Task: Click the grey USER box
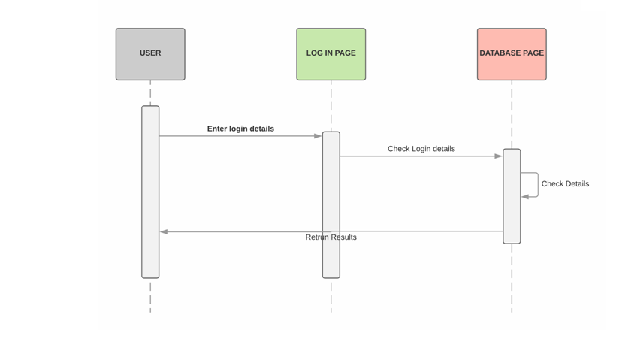[150, 54]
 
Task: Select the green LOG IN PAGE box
[331, 54]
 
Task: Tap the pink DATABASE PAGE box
[512, 54]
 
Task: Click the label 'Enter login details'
[240, 129]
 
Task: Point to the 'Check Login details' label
[421, 149]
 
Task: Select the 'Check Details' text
[565, 183]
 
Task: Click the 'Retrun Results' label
[331, 237]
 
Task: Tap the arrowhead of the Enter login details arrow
[318, 136]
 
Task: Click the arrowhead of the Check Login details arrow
[498, 156]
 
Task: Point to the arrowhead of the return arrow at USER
[164, 231]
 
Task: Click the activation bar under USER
[150, 192]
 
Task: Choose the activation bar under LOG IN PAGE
[331, 204]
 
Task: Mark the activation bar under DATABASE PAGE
[512, 196]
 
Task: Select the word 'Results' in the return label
[343, 237]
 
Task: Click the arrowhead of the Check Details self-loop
[525, 196]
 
